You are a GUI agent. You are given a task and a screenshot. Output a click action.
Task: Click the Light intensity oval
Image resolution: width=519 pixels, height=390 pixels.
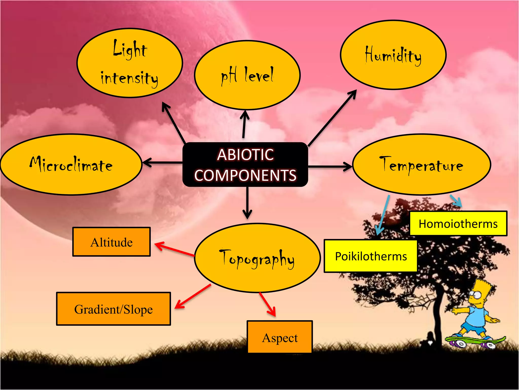[129, 63]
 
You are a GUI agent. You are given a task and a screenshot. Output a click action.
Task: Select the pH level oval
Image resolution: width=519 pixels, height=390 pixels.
[247, 75]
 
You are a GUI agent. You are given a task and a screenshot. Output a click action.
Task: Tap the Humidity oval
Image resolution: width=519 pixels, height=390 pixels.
[393, 55]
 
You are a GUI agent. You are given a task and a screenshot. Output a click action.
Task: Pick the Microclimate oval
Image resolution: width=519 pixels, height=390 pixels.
[71, 165]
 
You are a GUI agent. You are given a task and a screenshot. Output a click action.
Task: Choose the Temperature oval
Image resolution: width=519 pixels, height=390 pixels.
[421, 165]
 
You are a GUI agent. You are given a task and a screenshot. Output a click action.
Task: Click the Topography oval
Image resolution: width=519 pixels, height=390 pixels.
[257, 258]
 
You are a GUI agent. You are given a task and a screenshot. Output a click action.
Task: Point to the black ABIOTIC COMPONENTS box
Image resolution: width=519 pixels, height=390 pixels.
[245, 165]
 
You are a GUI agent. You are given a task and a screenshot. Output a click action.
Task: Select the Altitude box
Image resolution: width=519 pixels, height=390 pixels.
[112, 242]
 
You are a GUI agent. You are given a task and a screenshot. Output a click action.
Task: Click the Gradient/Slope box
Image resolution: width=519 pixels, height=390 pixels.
[114, 309]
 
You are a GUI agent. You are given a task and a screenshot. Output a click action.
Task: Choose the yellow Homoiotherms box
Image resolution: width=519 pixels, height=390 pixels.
[458, 224]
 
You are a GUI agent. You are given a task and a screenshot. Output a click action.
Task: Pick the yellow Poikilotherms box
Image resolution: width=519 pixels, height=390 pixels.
[370, 256]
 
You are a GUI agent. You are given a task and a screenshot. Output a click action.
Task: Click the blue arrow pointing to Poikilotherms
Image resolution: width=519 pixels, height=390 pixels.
[383, 215]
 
